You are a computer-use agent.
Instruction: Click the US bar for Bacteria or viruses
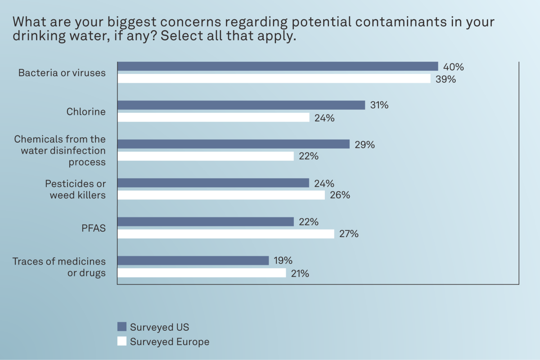[278, 67]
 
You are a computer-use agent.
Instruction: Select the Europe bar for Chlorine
[214, 117]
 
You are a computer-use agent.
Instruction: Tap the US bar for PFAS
[206, 222]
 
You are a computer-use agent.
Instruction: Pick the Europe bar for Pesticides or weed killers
[221, 195]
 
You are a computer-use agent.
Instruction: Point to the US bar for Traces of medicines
[193, 261]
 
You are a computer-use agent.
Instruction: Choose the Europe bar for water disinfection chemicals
[206, 156]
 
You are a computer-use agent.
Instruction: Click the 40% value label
[453, 67]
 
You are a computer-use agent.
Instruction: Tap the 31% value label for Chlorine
[378, 105]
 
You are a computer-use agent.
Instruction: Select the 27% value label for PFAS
[348, 234]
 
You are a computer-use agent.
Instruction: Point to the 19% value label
[283, 261]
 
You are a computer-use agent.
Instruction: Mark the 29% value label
[364, 144]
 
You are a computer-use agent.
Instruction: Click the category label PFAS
[94, 228]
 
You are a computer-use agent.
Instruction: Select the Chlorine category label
[86, 111]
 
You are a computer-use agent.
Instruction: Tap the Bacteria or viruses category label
[62, 73]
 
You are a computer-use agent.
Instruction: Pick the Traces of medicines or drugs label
[59, 267]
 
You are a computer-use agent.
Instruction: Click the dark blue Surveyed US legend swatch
[121, 327]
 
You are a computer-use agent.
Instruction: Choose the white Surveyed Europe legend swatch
[121, 342]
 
